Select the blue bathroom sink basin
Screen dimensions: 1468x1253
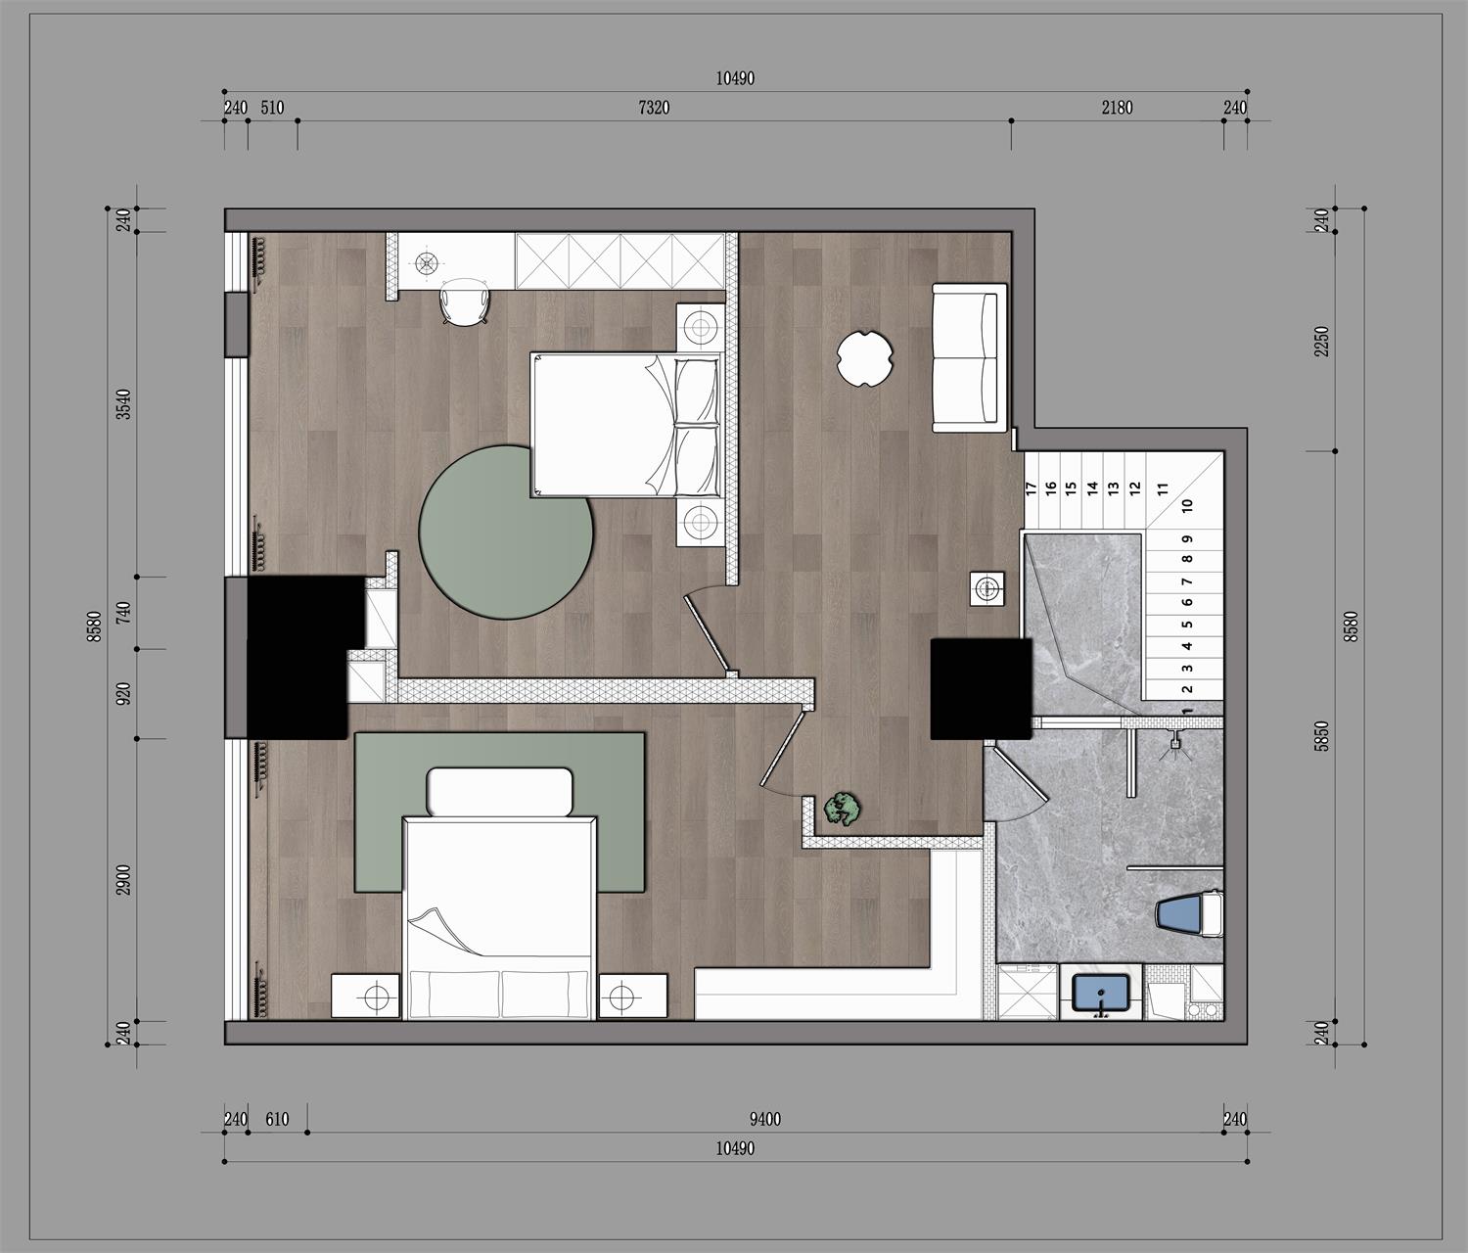[1100, 993]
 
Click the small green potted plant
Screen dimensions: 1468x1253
[843, 809]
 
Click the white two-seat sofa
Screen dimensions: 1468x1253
[970, 358]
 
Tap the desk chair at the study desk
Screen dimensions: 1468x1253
[465, 302]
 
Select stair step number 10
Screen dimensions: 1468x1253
[1187, 506]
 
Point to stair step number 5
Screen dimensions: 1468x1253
[1187, 625]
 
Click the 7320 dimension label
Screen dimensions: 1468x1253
[654, 108]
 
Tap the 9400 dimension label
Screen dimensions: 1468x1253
[765, 1120]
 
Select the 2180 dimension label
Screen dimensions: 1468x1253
[1118, 108]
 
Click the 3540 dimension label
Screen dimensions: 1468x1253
[123, 404]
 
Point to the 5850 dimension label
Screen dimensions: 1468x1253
[1321, 736]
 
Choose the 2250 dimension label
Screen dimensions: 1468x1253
[1321, 342]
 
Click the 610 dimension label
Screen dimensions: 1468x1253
[277, 1120]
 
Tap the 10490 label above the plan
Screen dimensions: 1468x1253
[735, 79]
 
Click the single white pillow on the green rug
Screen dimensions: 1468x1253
[499, 791]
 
